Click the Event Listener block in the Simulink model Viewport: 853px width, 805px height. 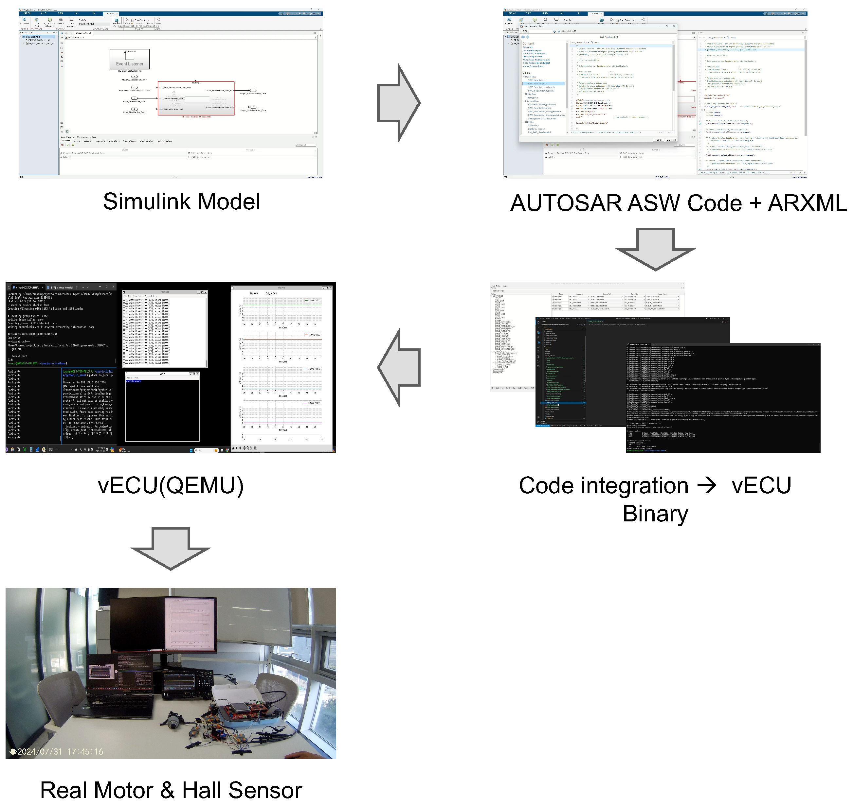(129, 59)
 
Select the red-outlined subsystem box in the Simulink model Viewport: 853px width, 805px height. (196, 98)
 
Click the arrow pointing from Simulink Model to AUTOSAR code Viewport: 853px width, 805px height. (398, 103)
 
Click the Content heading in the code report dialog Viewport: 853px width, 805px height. (528, 43)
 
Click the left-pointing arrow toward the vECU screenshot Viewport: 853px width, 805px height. (398, 367)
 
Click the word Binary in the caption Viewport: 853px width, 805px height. (655, 514)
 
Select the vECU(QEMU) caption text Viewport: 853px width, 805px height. (171, 486)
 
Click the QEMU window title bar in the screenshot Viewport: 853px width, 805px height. (162, 374)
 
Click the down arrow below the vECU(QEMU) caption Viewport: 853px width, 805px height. (171, 548)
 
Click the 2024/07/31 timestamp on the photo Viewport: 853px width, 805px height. (40, 751)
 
